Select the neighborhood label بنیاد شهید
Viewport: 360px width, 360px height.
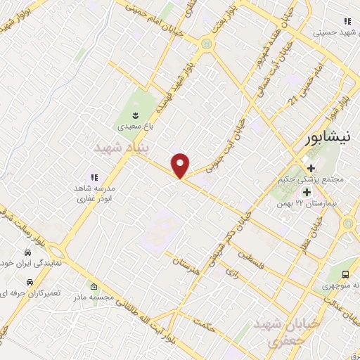[120, 148]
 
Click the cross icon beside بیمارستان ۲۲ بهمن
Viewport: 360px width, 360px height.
[307, 191]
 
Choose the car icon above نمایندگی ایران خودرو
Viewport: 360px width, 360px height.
[27, 252]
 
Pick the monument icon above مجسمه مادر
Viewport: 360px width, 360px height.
[95, 286]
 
